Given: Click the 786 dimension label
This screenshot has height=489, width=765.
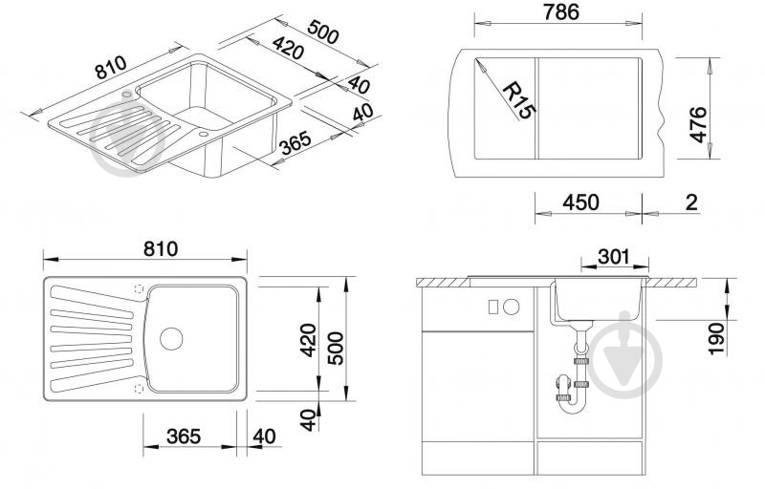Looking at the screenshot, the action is click(x=561, y=12).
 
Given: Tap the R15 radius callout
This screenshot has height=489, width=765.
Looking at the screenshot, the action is click(x=519, y=100).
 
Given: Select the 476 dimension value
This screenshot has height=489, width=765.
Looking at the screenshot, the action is click(x=698, y=124).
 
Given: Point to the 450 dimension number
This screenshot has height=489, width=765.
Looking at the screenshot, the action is click(x=580, y=202).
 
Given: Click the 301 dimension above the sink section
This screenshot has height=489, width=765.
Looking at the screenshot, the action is click(x=614, y=256).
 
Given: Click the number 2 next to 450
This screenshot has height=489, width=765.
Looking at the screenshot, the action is click(x=691, y=202).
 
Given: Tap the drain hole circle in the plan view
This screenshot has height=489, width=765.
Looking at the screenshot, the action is click(x=171, y=338).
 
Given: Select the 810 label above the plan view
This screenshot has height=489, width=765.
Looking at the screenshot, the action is click(x=161, y=249).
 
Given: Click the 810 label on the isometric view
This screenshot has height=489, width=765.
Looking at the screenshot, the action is click(x=111, y=67).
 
